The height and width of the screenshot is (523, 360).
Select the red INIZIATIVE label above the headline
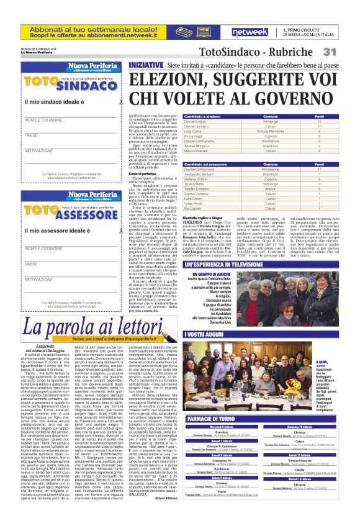146,63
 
